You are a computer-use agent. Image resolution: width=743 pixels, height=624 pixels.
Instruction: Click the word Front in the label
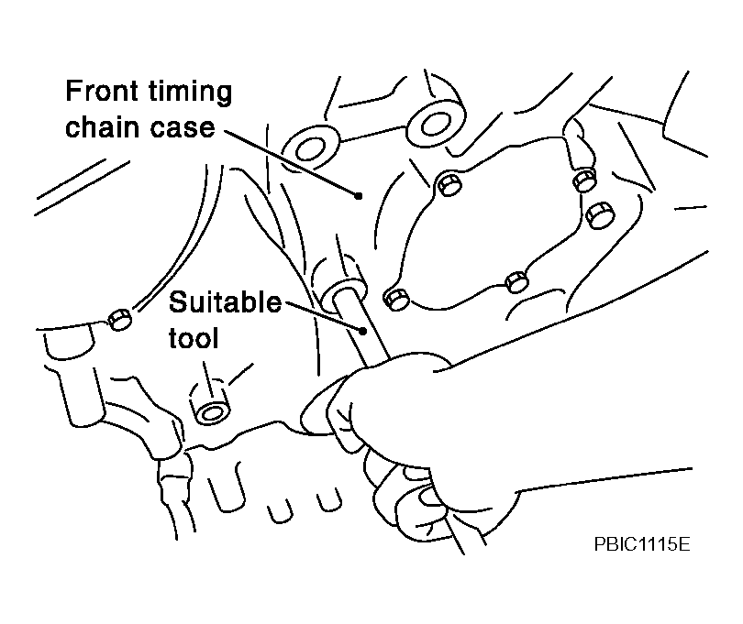[102, 91]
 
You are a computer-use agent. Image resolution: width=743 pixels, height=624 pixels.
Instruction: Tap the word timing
[191, 93]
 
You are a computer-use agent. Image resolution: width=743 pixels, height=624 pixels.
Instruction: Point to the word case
[183, 129]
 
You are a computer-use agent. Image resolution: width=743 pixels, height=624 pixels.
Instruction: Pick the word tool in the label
[194, 338]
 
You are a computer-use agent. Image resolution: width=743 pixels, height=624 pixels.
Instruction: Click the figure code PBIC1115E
[642, 544]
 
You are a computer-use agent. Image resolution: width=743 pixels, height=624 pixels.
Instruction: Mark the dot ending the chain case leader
[359, 195]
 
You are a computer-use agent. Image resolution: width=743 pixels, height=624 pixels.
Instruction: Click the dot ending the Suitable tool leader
[363, 331]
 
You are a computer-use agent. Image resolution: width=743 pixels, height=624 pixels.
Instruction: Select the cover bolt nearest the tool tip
[396, 299]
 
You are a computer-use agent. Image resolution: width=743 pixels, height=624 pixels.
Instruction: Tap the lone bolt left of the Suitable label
[119, 320]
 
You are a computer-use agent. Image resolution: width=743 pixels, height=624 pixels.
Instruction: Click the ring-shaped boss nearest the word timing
[310, 148]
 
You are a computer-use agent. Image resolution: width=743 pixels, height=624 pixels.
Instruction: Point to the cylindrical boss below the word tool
[210, 401]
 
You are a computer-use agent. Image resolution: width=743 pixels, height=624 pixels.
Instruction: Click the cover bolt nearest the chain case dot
[449, 183]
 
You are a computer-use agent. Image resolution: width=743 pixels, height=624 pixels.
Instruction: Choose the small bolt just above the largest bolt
[584, 180]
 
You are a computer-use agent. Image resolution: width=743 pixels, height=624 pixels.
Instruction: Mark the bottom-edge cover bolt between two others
[516, 282]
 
